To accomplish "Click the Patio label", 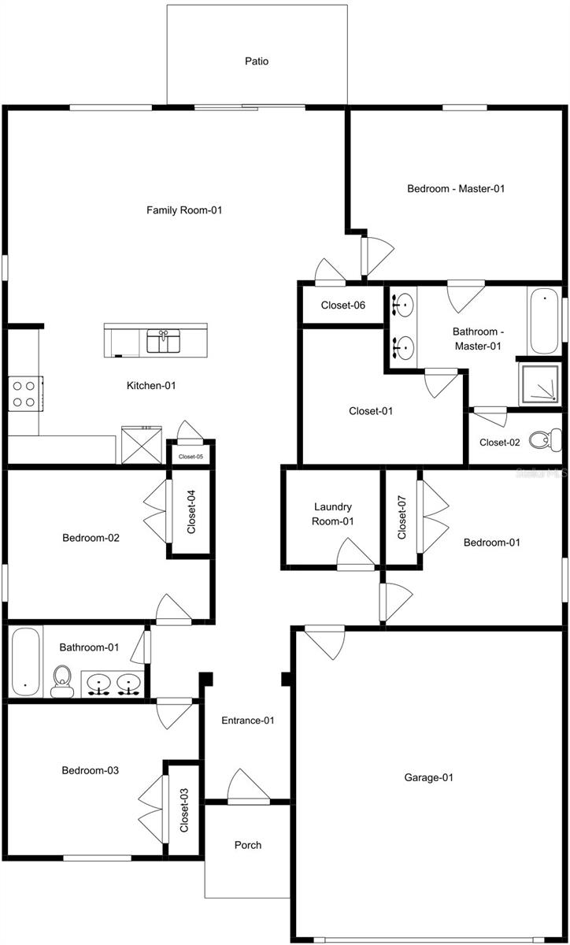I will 257,61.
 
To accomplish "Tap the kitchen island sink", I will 164,341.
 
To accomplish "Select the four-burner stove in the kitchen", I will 24,393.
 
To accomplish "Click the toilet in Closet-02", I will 546,439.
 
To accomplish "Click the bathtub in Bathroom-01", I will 25,661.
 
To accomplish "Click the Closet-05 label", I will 191,456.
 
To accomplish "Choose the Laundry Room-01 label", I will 333,513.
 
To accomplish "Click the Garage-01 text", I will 429,777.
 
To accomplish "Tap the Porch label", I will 248,845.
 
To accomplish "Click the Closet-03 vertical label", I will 184,810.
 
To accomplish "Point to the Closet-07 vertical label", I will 402,517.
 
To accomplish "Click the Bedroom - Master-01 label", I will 455,188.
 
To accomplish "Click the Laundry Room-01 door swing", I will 353,554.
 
